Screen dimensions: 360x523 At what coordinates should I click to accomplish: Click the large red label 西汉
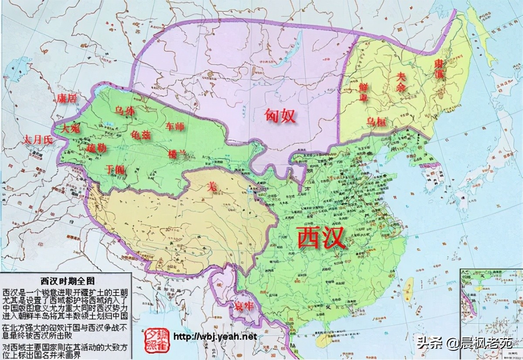321,238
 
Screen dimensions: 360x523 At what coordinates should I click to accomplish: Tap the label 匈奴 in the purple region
280,115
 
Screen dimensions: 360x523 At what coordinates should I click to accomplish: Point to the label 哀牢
243,306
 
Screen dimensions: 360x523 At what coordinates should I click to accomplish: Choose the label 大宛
70,129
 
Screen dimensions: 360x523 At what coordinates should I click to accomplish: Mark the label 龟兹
140,135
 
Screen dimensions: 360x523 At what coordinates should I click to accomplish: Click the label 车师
175,127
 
